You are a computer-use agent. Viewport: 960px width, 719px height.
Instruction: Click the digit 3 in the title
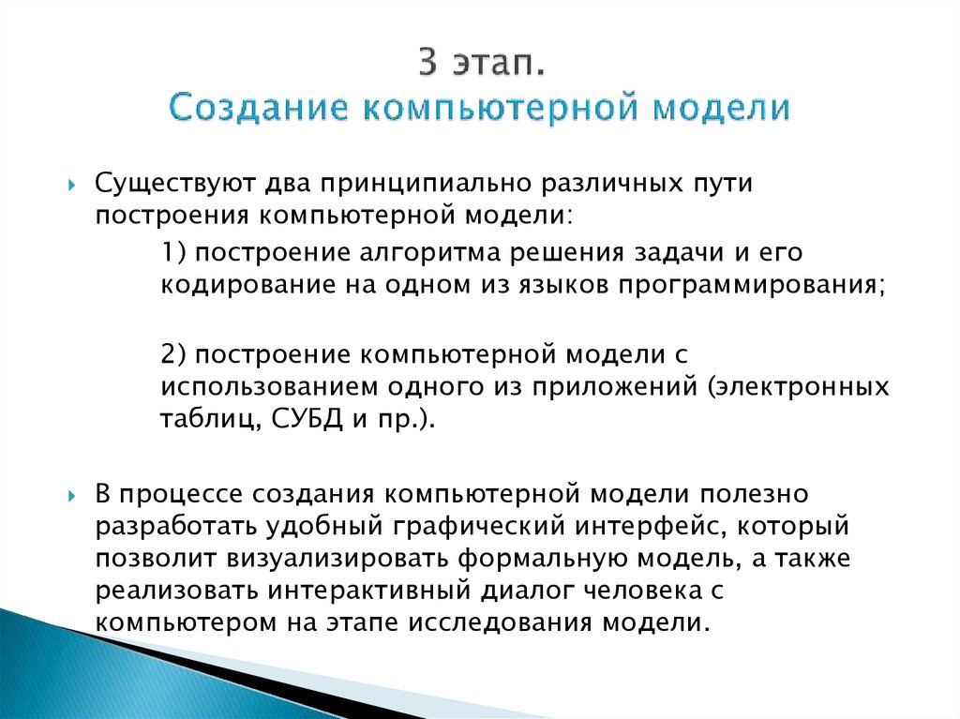(x=428, y=67)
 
